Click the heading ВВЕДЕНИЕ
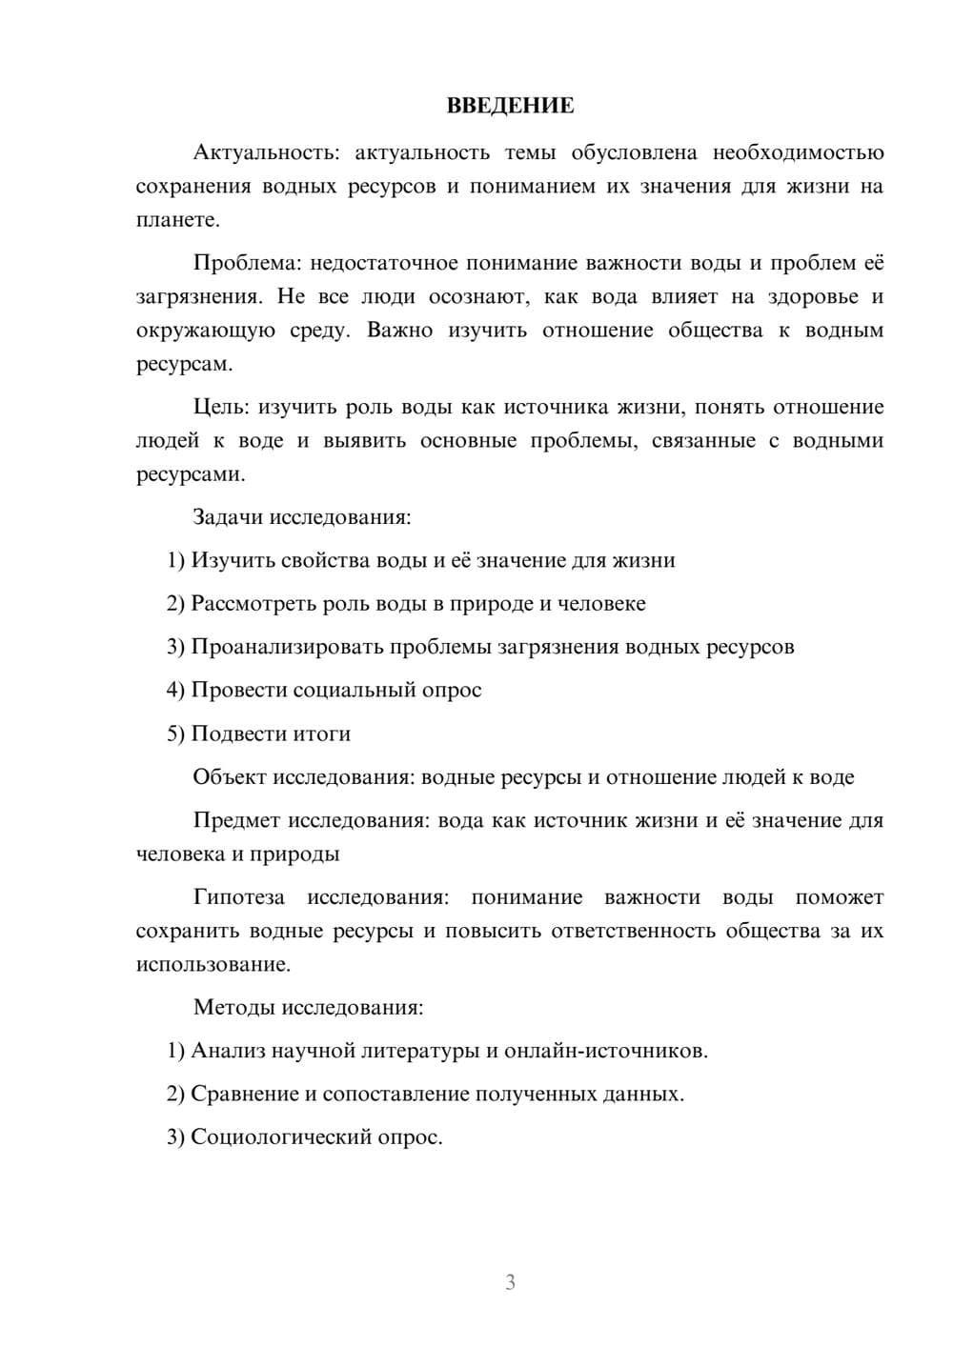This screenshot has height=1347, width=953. pyautogui.click(x=510, y=106)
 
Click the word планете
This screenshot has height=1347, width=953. pyautogui.click(x=177, y=220)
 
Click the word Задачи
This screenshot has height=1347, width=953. pyautogui.click(x=228, y=517)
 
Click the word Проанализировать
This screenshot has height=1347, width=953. pyautogui.click(x=279, y=647)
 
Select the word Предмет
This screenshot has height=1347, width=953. pyautogui.click(x=236, y=820)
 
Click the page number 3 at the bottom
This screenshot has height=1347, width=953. pyautogui.click(x=510, y=1282)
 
